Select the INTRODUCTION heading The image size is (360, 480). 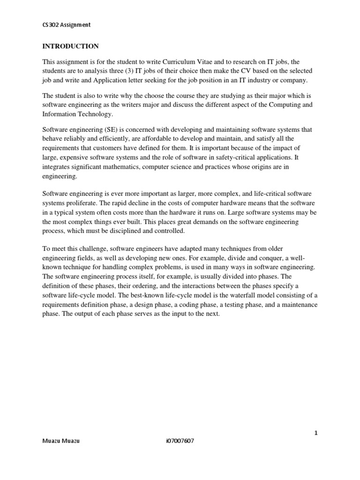tap(71, 46)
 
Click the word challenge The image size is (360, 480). tap(91, 248)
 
